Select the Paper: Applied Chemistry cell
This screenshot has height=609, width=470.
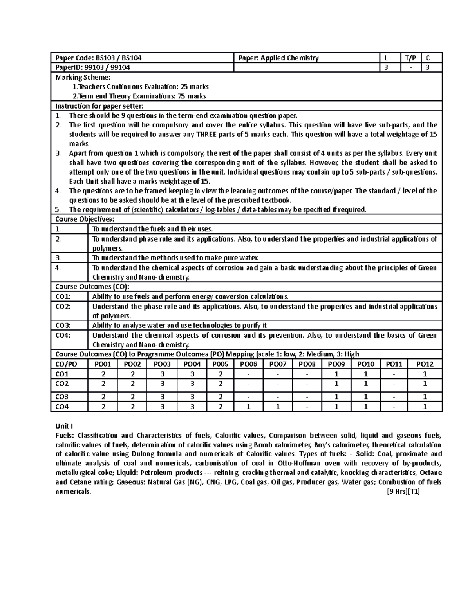(278, 58)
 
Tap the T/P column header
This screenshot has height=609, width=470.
(410, 58)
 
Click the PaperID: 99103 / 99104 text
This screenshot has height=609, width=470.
(93, 67)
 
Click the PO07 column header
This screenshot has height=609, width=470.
(278, 364)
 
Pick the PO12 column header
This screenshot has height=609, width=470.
(425, 364)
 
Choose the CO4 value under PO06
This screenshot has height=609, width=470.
(248, 407)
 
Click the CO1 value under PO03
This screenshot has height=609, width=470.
(162, 374)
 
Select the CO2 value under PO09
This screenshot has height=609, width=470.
(336, 384)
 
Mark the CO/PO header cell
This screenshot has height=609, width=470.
(67, 364)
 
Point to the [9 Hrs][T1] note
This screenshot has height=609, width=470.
(403, 492)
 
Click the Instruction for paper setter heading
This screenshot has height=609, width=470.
(99, 106)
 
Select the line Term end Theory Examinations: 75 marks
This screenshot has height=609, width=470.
(139, 96)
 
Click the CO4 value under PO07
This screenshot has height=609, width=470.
(278, 407)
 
